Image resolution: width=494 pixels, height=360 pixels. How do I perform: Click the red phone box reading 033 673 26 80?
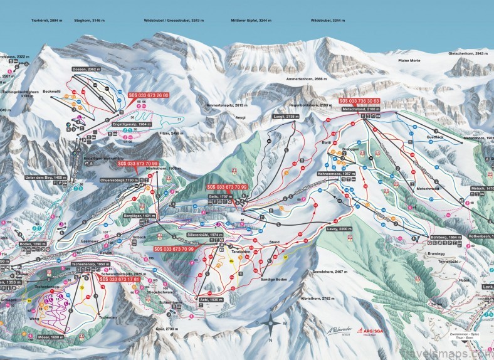coord(148,95)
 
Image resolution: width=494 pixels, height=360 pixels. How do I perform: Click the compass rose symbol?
coord(270,326)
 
